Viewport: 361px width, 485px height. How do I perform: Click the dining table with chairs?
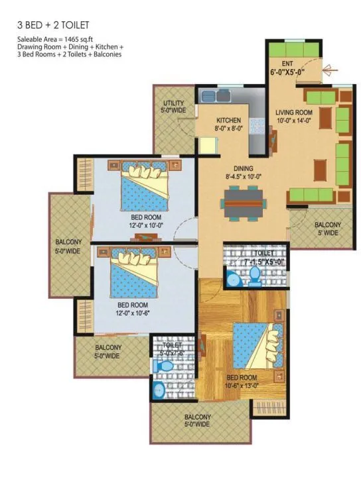(244, 203)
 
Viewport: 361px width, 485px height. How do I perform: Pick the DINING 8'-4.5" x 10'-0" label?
(243, 173)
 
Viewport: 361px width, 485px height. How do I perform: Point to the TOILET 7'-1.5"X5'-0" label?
(255, 257)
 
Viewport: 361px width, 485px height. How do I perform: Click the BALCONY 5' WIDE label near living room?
(327, 229)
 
